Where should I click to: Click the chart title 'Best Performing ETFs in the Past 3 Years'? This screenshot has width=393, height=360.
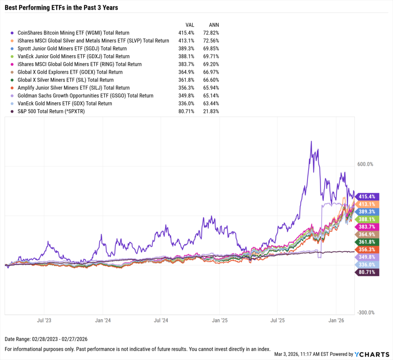tap(61, 7)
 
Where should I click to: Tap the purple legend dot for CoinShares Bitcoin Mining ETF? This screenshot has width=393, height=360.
tap(13, 33)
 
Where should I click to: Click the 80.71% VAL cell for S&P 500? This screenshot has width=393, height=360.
tap(187, 111)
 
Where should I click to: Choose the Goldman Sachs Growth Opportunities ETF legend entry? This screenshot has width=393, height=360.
tap(85, 95)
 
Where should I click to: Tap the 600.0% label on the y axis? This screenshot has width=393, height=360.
tap(365, 164)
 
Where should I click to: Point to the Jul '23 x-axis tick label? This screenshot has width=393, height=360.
tap(44, 320)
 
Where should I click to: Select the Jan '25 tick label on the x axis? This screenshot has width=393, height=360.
tap(219, 320)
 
